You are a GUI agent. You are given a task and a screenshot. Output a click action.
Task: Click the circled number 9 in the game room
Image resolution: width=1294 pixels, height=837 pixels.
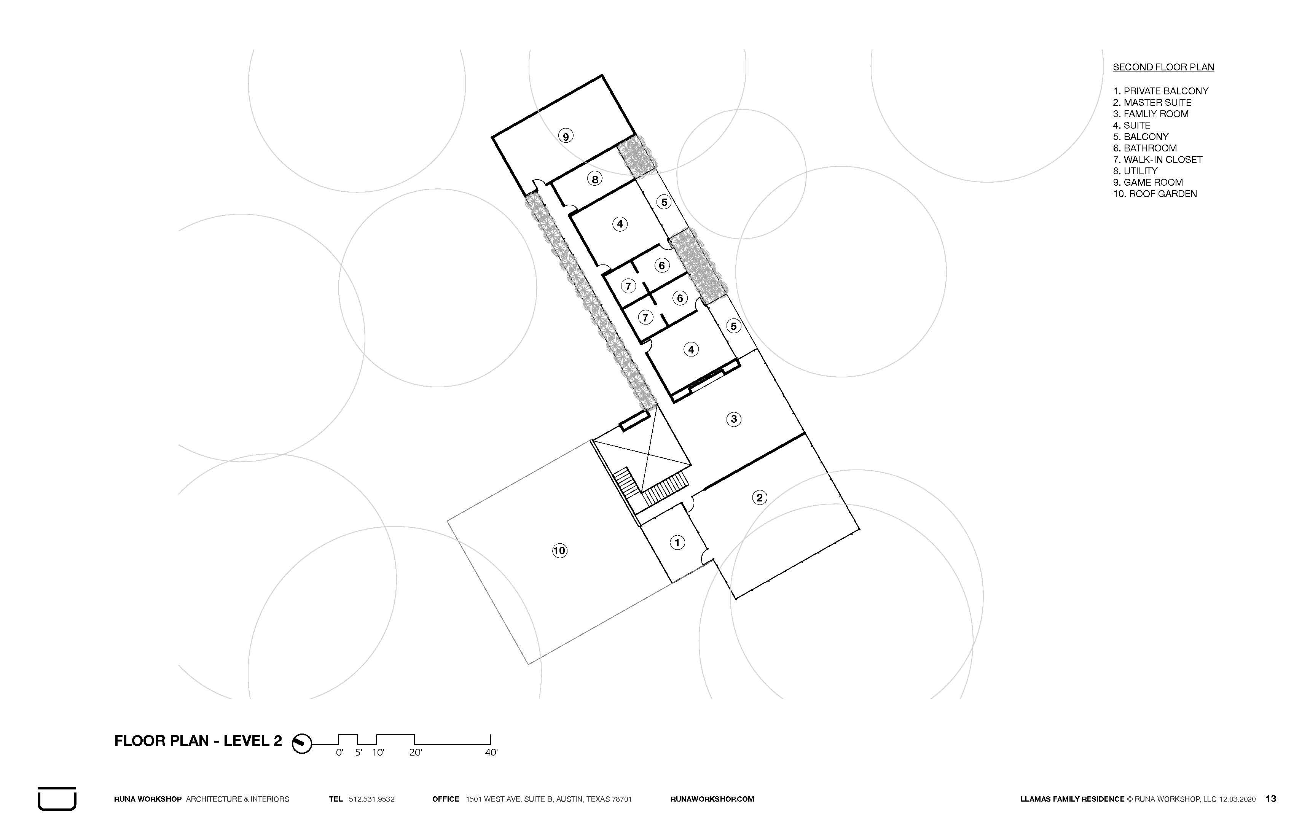[566, 136]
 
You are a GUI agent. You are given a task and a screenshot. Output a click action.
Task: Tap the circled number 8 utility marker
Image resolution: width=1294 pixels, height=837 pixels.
[595, 179]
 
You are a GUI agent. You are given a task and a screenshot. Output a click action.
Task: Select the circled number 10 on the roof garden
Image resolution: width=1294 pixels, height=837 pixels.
[559, 551]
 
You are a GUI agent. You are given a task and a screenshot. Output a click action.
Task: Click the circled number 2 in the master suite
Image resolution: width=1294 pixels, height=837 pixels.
[760, 497]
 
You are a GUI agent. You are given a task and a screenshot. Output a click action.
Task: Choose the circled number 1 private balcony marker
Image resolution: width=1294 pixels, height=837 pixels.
[677, 543]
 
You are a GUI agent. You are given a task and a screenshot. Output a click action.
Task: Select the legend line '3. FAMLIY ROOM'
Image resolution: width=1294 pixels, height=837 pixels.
[1151, 114]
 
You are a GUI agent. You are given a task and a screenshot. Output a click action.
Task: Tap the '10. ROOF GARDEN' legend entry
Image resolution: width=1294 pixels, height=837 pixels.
[1155, 194]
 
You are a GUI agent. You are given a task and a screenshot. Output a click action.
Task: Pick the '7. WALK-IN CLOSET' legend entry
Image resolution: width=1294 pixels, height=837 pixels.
[1157, 160]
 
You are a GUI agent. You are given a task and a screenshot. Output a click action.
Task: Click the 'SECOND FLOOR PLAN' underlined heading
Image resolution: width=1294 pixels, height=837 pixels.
[1163, 67]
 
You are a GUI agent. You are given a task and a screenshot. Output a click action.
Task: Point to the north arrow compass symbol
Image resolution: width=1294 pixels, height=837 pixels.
[302, 743]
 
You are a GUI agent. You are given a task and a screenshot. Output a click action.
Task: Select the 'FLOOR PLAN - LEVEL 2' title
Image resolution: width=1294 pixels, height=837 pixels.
[198, 741]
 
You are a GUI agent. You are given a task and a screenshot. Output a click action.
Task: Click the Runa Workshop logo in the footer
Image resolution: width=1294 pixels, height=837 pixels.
[57, 799]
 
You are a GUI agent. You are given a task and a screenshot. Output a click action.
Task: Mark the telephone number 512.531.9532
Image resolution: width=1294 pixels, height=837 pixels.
[371, 799]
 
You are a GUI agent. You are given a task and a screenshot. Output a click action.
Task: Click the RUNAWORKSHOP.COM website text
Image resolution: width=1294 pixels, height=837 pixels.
[712, 799]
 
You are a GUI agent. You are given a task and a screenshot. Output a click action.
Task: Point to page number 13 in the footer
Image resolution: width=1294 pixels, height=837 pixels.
[1271, 799]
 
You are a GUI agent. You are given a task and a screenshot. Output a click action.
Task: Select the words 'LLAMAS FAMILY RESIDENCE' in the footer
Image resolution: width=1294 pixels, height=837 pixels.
[1072, 799]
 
